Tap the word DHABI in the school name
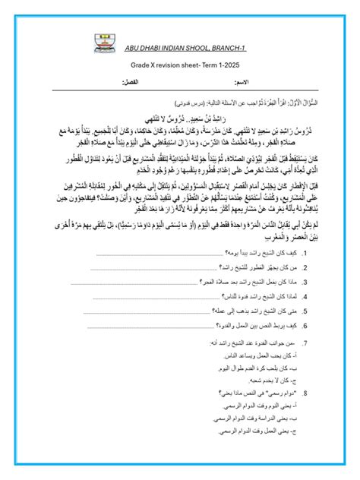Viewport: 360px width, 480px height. (159, 49)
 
